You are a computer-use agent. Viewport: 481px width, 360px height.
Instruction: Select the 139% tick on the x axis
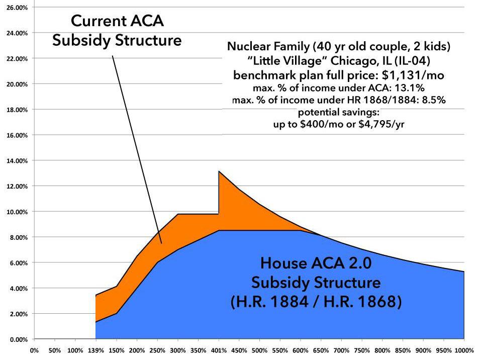(x=95, y=349)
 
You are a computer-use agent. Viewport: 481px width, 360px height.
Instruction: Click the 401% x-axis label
(x=219, y=349)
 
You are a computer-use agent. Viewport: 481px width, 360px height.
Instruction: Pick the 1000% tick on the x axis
(x=464, y=349)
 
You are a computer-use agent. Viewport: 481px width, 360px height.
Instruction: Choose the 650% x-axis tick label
(x=321, y=349)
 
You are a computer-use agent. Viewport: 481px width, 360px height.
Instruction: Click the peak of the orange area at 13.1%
(x=219, y=171)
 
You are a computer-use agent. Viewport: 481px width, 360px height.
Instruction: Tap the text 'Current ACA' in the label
(x=117, y=21)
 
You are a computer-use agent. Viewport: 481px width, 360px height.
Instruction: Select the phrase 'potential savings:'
(x=338, y=113)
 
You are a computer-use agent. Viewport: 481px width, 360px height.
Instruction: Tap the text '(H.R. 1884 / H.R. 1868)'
(x=316, y=303)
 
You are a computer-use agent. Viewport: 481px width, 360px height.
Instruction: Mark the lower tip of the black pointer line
(x=161, y=243)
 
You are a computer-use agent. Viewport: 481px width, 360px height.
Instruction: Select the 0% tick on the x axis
(x=34, y=349)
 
